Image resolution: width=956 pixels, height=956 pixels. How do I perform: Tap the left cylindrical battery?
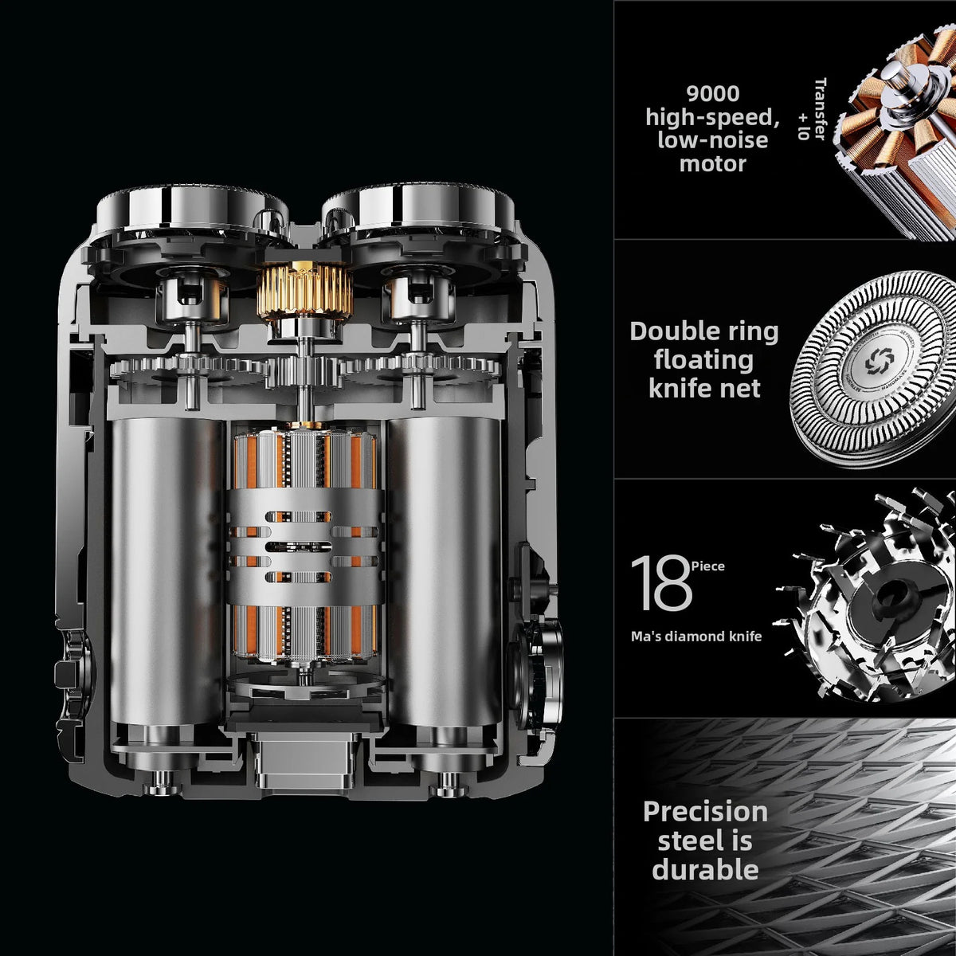(167, 571)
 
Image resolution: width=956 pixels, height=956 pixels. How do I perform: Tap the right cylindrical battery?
(443, 571)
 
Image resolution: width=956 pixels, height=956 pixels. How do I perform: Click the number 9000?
(712, 93)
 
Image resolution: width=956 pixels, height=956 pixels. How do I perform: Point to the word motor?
(712, 164)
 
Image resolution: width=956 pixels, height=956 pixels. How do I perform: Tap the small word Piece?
(708, 566)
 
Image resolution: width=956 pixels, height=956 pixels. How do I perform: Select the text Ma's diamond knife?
(696, 637)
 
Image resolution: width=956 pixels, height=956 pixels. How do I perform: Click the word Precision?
(706, 812)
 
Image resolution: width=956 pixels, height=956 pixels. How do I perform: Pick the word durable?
(705, 870)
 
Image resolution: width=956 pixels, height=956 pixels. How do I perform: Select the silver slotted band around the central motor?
(305, 547)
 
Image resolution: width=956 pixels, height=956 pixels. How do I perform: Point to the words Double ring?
(704, 331)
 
